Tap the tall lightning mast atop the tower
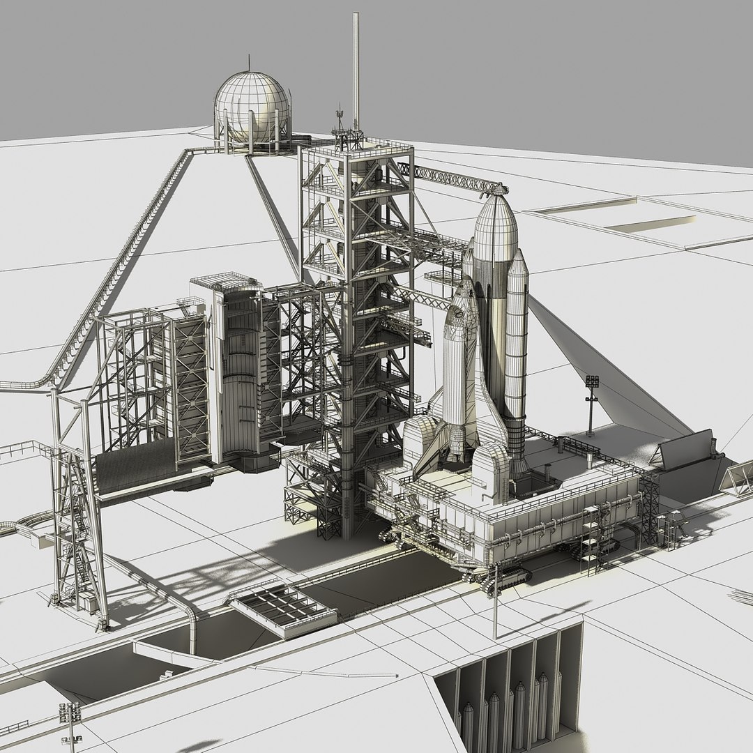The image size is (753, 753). [x=356, y=70]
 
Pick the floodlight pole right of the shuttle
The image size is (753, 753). [x=591, y=404]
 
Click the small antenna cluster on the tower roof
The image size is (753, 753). [x=341, y=122]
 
